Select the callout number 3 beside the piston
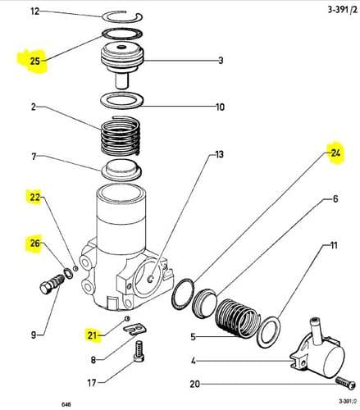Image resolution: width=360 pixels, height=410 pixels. coord(220,61)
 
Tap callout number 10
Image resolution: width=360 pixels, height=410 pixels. coord(220,107)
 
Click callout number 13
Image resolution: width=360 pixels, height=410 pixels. coord(219,153)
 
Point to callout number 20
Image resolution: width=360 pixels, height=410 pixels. coord(194,384)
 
